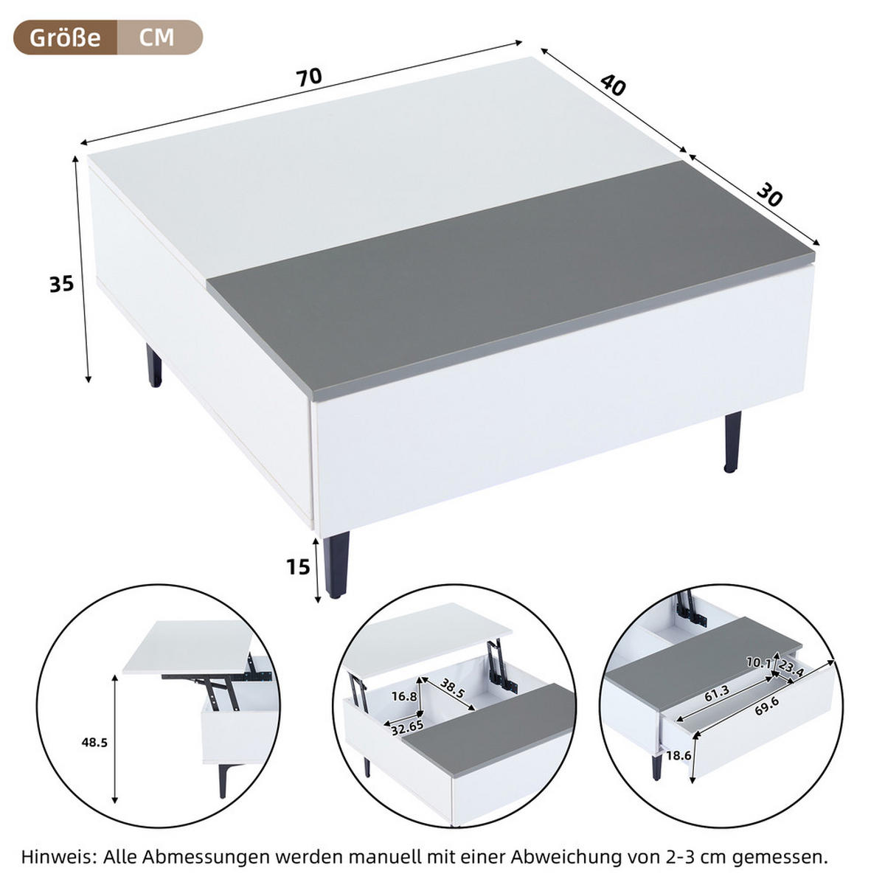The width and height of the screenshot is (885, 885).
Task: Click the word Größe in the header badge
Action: [x=65, y=37]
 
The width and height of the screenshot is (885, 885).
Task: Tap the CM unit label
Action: [x=157, y=37]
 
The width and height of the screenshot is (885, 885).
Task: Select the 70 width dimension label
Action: [x=310, y=76]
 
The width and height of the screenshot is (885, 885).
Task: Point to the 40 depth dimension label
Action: [x=613, y=86]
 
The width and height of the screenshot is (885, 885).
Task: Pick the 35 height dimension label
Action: [x=62, y=283]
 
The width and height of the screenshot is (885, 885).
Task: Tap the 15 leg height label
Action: [x=298, y=567]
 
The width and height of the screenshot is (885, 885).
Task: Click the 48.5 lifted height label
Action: [x=94, y=743]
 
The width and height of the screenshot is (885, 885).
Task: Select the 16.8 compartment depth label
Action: [x=404, y=696]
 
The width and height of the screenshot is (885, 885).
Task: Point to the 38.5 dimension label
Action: [x=452, y=691]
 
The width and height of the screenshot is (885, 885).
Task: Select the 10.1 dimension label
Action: [x=757, y=663]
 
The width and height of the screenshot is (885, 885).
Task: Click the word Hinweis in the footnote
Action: [x=58, y=857]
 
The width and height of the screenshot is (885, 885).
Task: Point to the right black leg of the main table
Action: [x=732, y=441]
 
